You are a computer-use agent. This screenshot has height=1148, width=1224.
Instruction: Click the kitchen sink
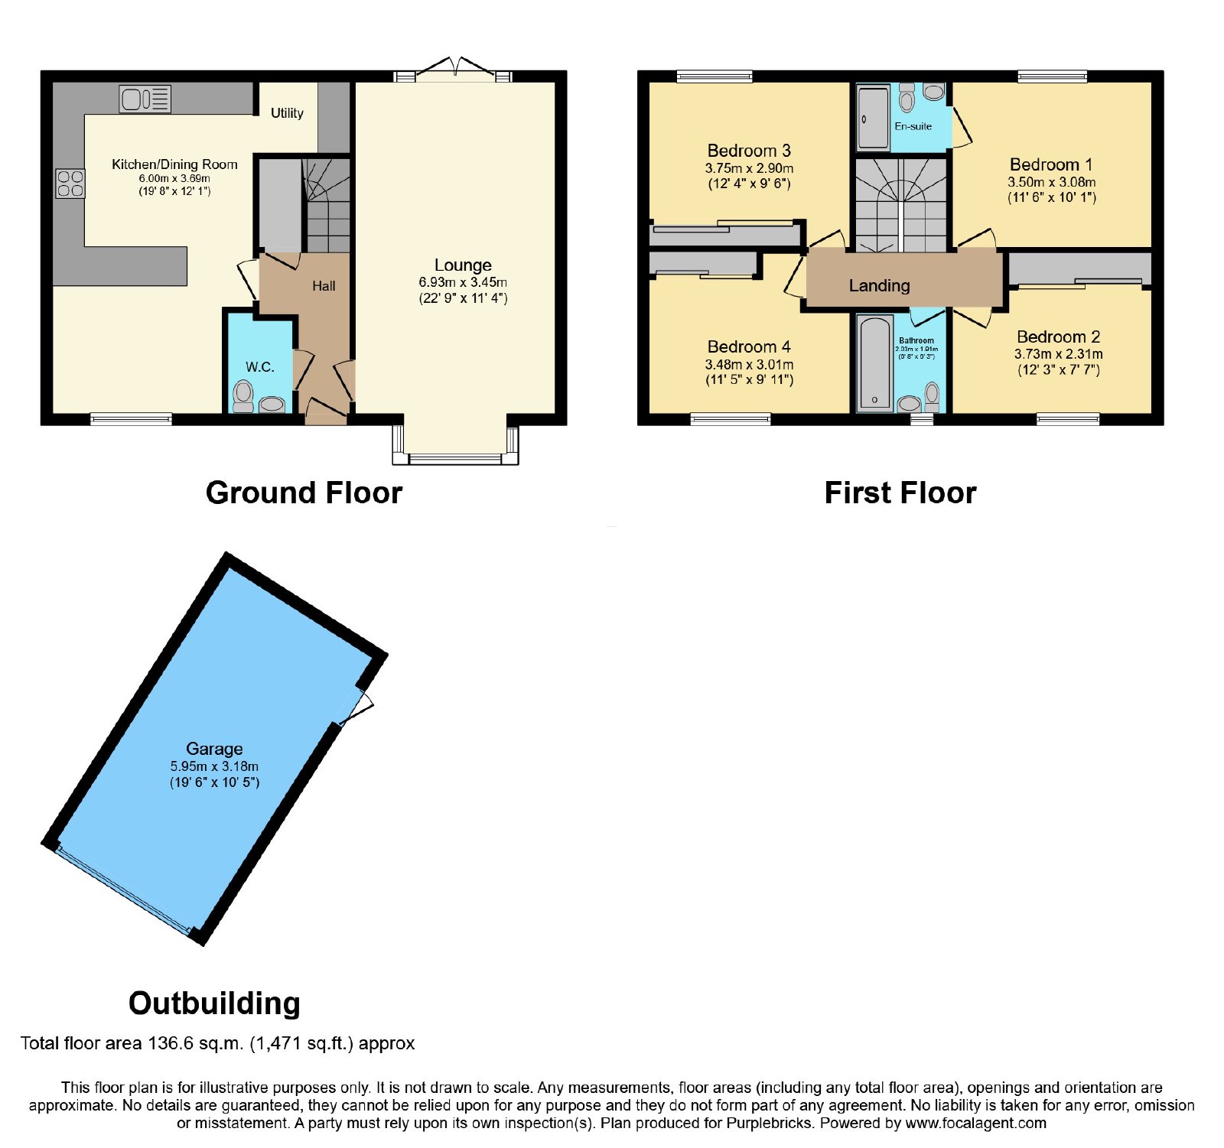click(145, 99)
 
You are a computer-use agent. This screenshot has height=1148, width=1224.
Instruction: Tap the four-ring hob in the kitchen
click(70, 183)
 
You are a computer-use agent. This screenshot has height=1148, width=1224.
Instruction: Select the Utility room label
click(287, 113)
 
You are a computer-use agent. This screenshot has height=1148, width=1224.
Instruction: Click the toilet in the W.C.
click(243, 396)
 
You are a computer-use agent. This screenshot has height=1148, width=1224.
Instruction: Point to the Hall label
click(324, 286)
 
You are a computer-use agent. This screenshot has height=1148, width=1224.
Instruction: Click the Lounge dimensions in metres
click(463, 282)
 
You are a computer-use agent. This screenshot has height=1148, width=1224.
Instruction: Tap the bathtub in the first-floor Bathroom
click(874, 363)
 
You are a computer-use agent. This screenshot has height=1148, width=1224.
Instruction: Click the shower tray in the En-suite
click(874, 117)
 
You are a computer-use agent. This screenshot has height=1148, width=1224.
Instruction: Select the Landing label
click(880, 286)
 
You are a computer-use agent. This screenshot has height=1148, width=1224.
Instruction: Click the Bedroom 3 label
click(749, 151)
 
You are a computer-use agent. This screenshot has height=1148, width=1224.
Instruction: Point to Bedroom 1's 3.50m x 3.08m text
click(1052, 182)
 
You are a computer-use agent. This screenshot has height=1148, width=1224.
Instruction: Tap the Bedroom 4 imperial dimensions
click(749, 379)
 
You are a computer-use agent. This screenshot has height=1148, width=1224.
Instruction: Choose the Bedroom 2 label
click(1059, 337)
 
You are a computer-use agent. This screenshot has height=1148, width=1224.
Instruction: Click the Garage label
click(214, 749)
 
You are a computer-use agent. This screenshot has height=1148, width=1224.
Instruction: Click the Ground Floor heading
click(304, 493)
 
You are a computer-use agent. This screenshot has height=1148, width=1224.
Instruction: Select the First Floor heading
click(900, 493)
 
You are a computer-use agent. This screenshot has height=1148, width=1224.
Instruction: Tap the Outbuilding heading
click(214, 1003)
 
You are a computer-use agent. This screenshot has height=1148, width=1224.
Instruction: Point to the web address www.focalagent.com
click(975, 1124)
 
